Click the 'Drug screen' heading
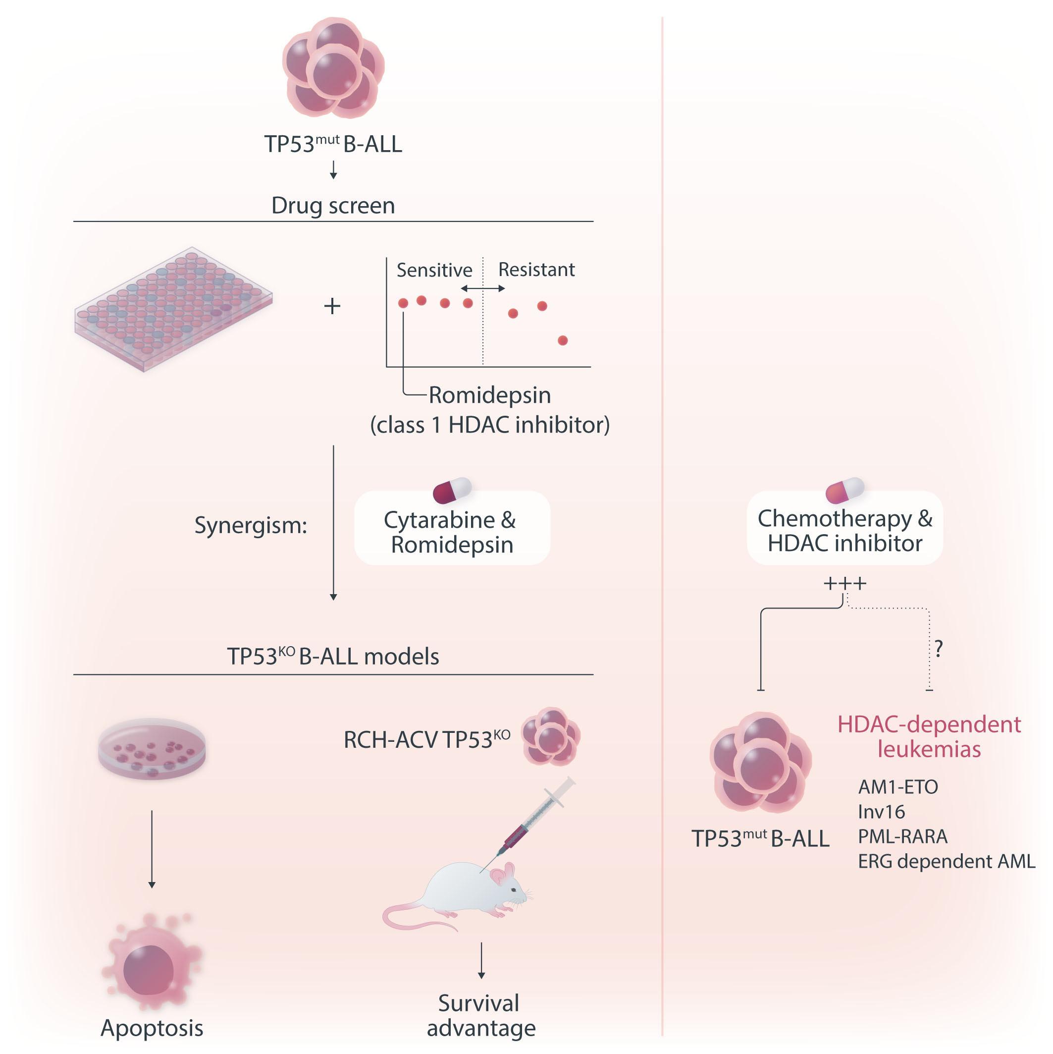pos(333,206)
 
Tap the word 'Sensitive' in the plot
pos(434,270)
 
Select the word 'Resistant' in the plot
pos(536,270)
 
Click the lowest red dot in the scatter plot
pos(563,340)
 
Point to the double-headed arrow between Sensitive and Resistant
pos(482,288)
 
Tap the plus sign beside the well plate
pos(332,306)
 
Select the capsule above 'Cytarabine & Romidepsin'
pos(452,490)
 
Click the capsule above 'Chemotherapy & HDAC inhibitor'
pos(844,490)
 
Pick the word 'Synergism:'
pos(251,525)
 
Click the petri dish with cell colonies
pos(152,748)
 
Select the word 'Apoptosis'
pos(152,1028)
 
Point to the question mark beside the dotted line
pos(939,648)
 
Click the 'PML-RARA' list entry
pos(902,836)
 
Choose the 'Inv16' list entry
pos(881,812)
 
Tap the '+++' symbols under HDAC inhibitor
pos(844,584)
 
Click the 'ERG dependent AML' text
pos(946,861)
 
